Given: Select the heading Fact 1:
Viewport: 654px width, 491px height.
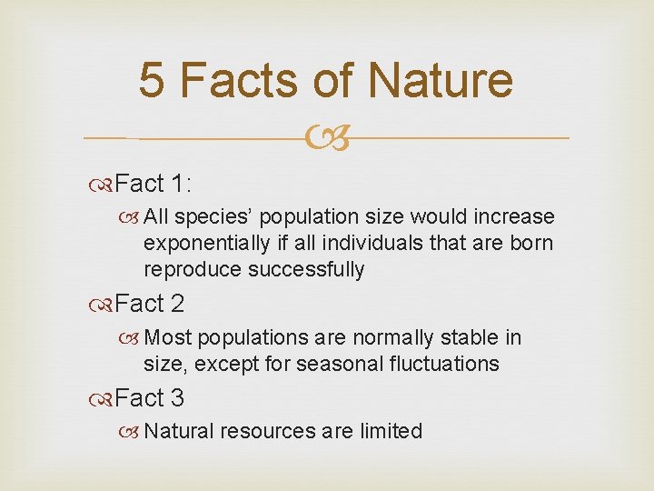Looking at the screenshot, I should pos(153,184).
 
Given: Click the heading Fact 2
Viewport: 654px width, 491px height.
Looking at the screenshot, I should pos(149,304).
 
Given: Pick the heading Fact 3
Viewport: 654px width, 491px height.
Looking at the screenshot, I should pos(149,398).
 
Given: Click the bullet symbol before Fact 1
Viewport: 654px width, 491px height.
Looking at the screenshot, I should pos(103,185).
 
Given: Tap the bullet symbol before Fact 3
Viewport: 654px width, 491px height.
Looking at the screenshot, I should pos(103,399).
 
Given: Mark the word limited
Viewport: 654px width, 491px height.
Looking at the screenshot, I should pos(390,431).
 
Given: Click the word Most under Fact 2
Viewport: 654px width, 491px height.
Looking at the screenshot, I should pos(168,338).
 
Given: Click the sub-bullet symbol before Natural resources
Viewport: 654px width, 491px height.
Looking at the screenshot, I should pos(133,432).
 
